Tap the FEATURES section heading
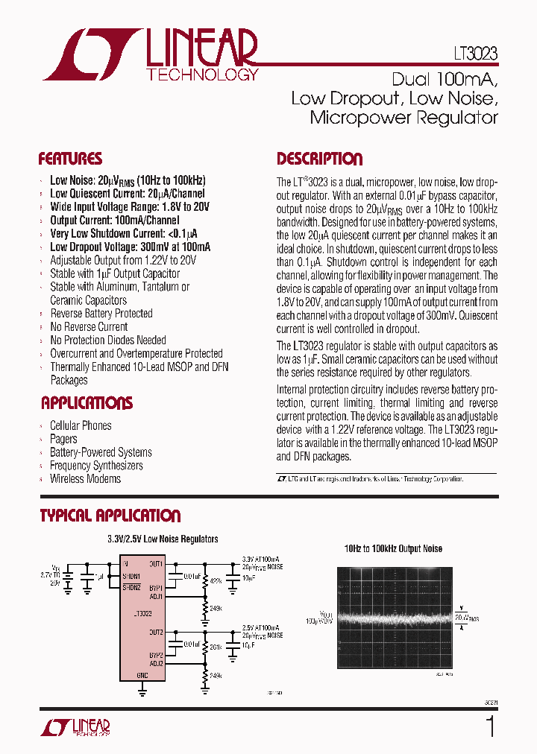pos(70,159)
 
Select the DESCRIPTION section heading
pos(319,159)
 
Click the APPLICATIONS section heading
pos(87,403)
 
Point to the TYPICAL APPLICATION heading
pos(110,516)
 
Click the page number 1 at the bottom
pos(489,726)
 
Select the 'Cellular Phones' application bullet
pos(81,425)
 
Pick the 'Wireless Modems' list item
pos(85,478)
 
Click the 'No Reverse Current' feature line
pos(89,326)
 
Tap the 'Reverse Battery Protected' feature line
pos(101,313)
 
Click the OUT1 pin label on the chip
pos(155,564)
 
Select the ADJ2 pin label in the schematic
pos(155,662)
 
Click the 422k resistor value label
pos(216,581)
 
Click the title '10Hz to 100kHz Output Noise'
pos(393,548)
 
